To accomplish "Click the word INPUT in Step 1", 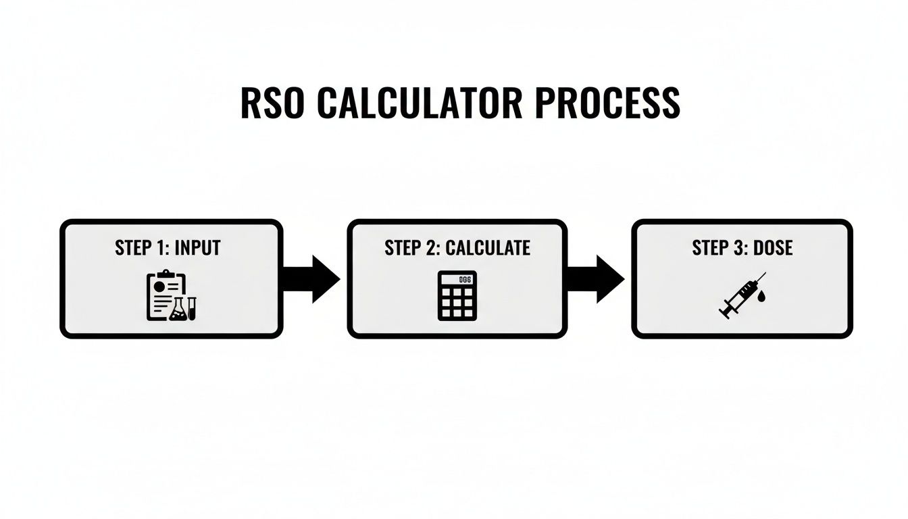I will pos(197,248).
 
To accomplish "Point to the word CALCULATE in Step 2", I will pos(488,248).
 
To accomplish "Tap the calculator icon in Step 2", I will pos(457,295).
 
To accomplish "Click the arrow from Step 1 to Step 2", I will pos(311,278).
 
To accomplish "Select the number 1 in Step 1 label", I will pos(161,248).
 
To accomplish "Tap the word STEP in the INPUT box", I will pos(134,248).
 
